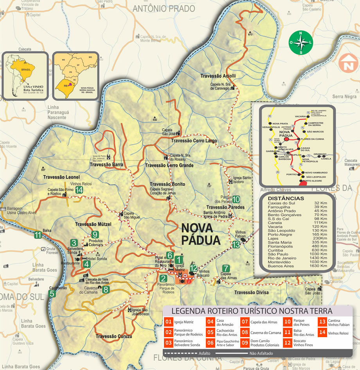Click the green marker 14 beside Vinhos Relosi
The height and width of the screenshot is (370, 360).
pos(79,190)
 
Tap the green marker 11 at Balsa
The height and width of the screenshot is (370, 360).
pos(38,235)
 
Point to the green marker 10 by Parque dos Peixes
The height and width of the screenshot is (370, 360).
pos(236,199)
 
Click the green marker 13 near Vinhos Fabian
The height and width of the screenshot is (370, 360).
pos(236,245)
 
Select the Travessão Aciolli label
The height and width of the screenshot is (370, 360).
pos(218,76)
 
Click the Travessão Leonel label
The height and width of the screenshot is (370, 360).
pos(61,177)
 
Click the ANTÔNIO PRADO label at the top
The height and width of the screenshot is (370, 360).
pos(164,8)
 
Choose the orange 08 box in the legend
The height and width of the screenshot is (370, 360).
pos(245,332)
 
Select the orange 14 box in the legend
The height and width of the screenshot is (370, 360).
pos(322,332)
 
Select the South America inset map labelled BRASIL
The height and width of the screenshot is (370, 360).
pos(25,75)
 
